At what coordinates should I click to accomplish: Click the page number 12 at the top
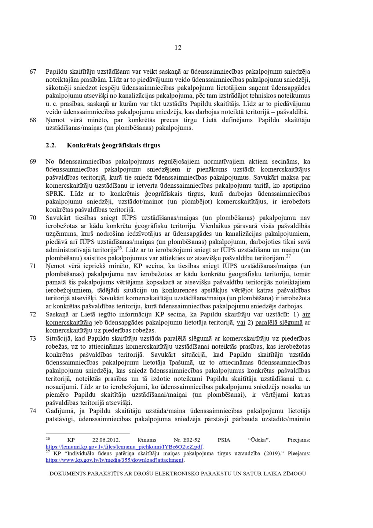pyautogui.click(x=178, y=48)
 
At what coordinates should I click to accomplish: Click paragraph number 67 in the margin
pyautogui.click(x=33, y=71)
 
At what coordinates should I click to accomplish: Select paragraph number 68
pyautogui.click(x=33, y=120)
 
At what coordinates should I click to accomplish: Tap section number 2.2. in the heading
pyautogui.click(x=51, y=145)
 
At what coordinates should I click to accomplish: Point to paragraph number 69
pyautogui.click(x=33, y=161)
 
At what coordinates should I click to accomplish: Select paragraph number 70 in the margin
pyautogui.click(x=33, y=218)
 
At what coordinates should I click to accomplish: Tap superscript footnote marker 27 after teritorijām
pyautogui.click(x=288, y=256)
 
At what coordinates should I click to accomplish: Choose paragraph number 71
pyautogui.click(x=33, y=266)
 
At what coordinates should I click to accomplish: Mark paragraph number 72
pyautogui.click(x=33, y=314)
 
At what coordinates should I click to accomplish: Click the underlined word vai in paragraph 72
pyautogui.click(x=241, y=323)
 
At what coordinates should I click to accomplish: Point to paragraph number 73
pyautogui.click(x=33, y=338)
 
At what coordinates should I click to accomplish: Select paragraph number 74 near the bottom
pyautogui.click(x=33, y=411)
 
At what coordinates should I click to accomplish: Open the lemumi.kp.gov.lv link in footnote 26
pyautogui.click(x=124, y=447)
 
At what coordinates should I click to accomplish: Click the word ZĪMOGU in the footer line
pyautogui.click(x=292, y=473)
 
